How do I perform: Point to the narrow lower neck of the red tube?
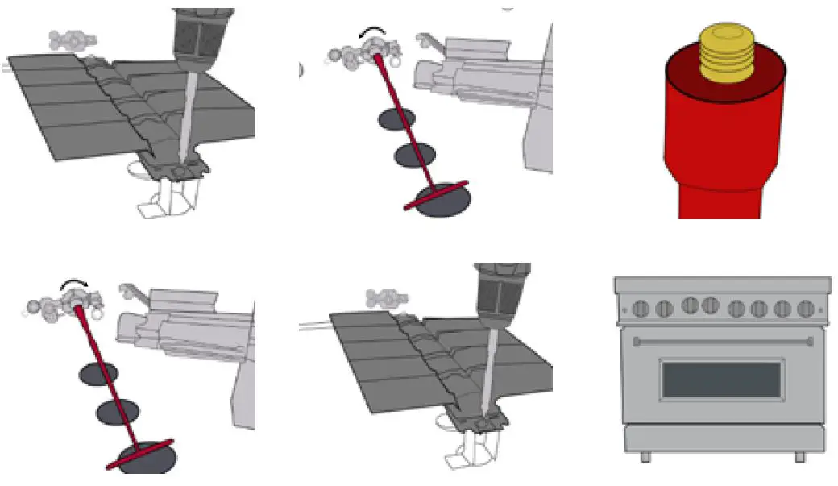[718, 201]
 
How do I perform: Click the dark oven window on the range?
[721, 380]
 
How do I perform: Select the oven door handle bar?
[721, 342]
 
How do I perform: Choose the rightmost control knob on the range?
[804, 308]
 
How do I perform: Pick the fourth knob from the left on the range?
[710, 305]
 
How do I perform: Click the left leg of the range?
[645, 457]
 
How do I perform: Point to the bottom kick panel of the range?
[723, 438]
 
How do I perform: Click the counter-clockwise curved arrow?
[373, 31]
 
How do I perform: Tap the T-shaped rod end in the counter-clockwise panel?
[436, 196]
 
